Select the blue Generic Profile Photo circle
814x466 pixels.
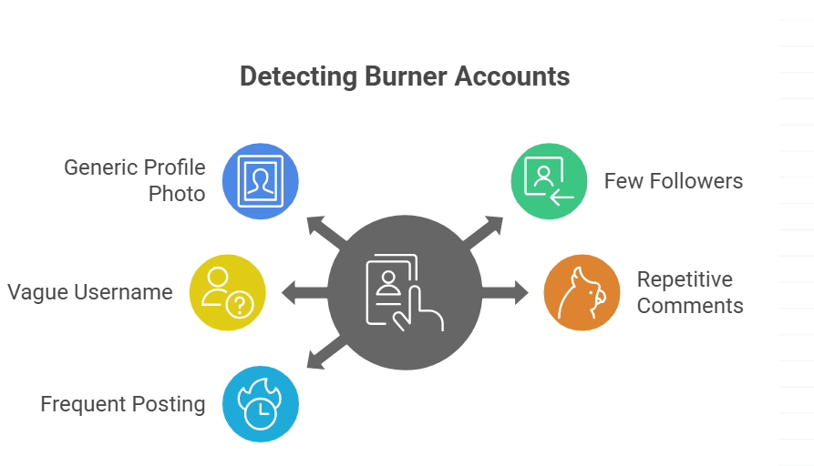pos(262,181)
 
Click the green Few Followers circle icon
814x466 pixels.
pos(549,180)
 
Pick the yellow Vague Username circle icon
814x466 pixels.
pos(228,292)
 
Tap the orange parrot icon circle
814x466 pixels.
pos(582,292)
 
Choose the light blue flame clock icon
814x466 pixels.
pos(261,404)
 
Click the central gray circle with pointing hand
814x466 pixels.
pos(405,292)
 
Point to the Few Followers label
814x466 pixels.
pos(673,181)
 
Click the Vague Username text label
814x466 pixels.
pos(90,292)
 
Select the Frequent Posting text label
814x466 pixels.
pos(123,404)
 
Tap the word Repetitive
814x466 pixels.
pos(685,279)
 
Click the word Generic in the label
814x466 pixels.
pos(100,167)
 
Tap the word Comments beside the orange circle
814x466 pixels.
pos(690,306)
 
